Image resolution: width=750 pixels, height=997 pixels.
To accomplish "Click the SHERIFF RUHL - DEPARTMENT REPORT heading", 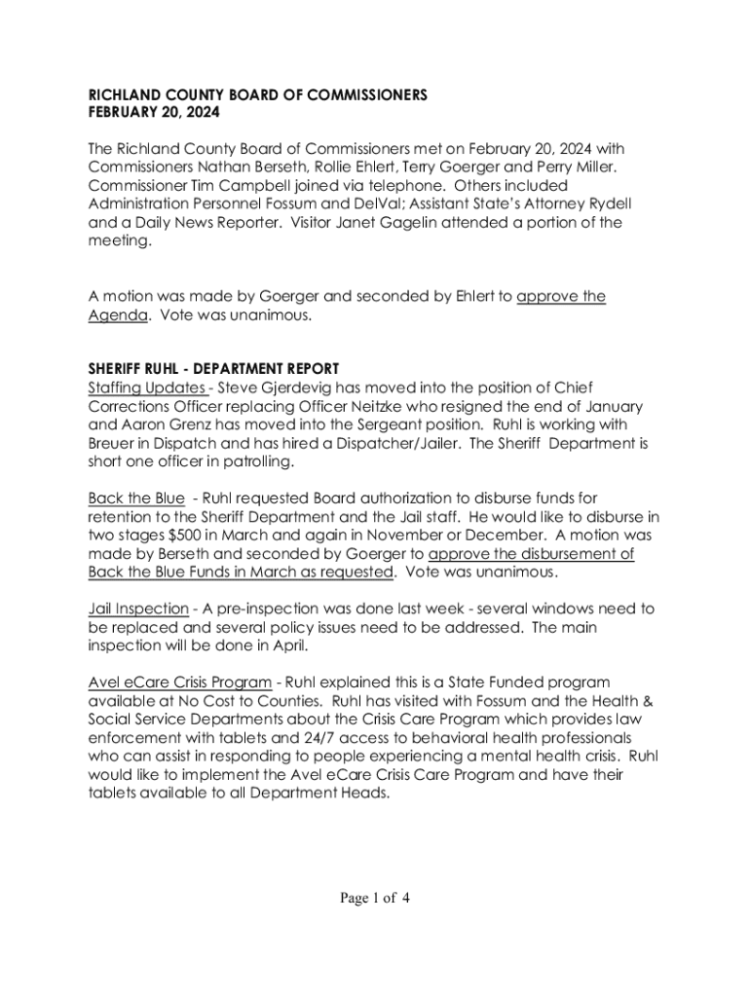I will coord(213,369).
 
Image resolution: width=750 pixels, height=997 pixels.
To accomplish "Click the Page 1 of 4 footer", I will coord(375,898).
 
